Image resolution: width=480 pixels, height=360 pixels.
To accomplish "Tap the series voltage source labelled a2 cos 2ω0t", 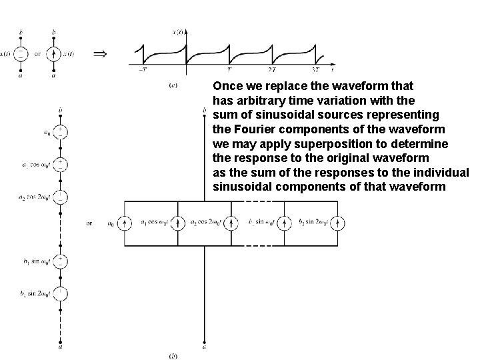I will pos(61,197).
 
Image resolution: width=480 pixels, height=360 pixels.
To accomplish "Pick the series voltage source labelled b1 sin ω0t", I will pos(61,259).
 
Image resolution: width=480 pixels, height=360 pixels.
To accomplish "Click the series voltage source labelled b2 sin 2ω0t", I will pos(61,293).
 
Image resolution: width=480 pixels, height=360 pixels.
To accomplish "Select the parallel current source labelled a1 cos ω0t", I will pos(179,223).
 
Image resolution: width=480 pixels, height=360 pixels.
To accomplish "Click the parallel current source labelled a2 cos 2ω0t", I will pos(233,223).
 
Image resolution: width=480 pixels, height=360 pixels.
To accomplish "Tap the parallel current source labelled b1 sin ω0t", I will pos(285,223).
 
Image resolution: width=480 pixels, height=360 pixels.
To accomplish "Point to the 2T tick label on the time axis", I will pos(271,69).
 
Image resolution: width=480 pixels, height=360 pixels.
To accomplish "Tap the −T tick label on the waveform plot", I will pos(143,69).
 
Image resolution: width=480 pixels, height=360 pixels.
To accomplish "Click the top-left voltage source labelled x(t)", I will pos(22,54).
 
